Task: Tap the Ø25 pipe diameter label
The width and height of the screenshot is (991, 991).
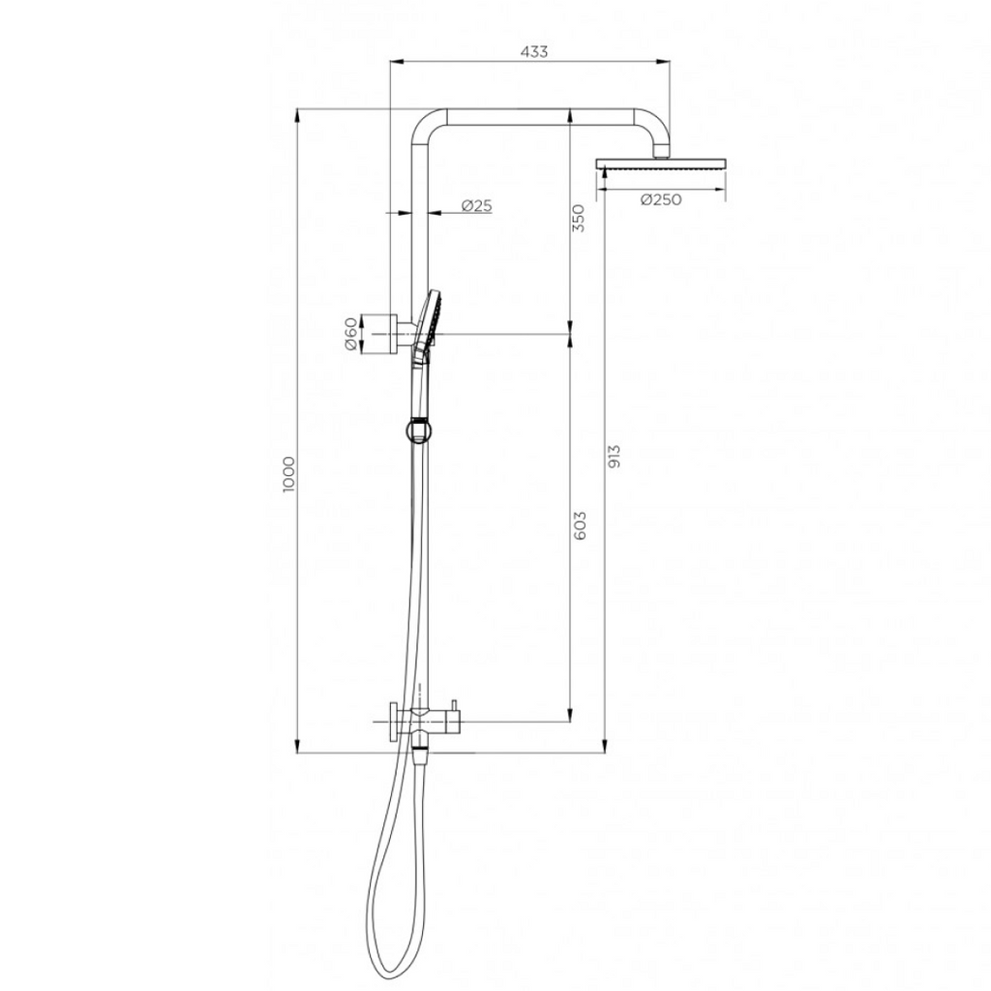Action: click(476, 205)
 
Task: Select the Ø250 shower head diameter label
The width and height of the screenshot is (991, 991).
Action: click(661, 199)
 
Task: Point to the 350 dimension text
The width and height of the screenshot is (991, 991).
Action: click(579, 219)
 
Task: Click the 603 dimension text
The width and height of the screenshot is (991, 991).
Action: click(580, 526)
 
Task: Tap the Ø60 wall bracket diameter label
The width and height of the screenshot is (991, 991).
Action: click(351, 336)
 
